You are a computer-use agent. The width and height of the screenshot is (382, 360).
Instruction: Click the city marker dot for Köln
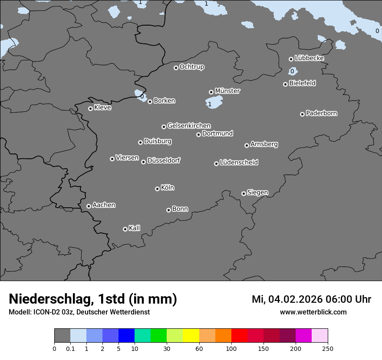pyautogui.click(x=157, y=189)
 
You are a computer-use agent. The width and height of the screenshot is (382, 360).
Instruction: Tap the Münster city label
pyautogui.click(x=227, y=91)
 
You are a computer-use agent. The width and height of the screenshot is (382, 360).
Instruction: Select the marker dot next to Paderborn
pyautogui.click(x=302, y=114)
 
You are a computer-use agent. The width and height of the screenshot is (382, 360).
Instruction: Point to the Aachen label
pyautogui.click(x=104, y=205)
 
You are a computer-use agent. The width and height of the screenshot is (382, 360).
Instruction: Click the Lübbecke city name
pyautogui.click(x=309, y=58)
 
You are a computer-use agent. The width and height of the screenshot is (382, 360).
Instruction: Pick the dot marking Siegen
pyautogui.click(x=244, y=193)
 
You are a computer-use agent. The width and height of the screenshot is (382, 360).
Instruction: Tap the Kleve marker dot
pyautogui.click(x=90, y=108)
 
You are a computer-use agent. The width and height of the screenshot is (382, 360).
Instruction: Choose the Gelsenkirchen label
pyautogui.click(x=189, y=126)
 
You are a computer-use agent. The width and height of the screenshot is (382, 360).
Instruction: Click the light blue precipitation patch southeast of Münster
pyautogui.click(x=214, y=102)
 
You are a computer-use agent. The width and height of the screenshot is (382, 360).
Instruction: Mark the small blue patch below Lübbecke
pyautogui.click(x=293, y=71)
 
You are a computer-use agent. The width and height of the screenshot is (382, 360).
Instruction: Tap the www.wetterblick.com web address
pyautogui.click(x=313, y=312)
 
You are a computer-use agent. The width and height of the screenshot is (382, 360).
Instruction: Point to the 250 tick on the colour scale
pyautogui.click(x=328, y=348)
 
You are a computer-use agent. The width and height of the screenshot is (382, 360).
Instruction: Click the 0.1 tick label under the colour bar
pyautogui.click(x=70, y=348)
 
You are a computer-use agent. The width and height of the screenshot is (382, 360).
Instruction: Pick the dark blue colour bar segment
pyautogui.click(x=126, y=336)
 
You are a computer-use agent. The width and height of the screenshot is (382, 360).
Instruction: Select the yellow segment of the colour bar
pyautogui.click(x=191, y=336)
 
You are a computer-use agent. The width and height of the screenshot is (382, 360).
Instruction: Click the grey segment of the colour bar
pyautogui.click(x=62, y=336)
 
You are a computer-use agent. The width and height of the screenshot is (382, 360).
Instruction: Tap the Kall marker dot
pyautogui.click(x=125, y=229)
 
